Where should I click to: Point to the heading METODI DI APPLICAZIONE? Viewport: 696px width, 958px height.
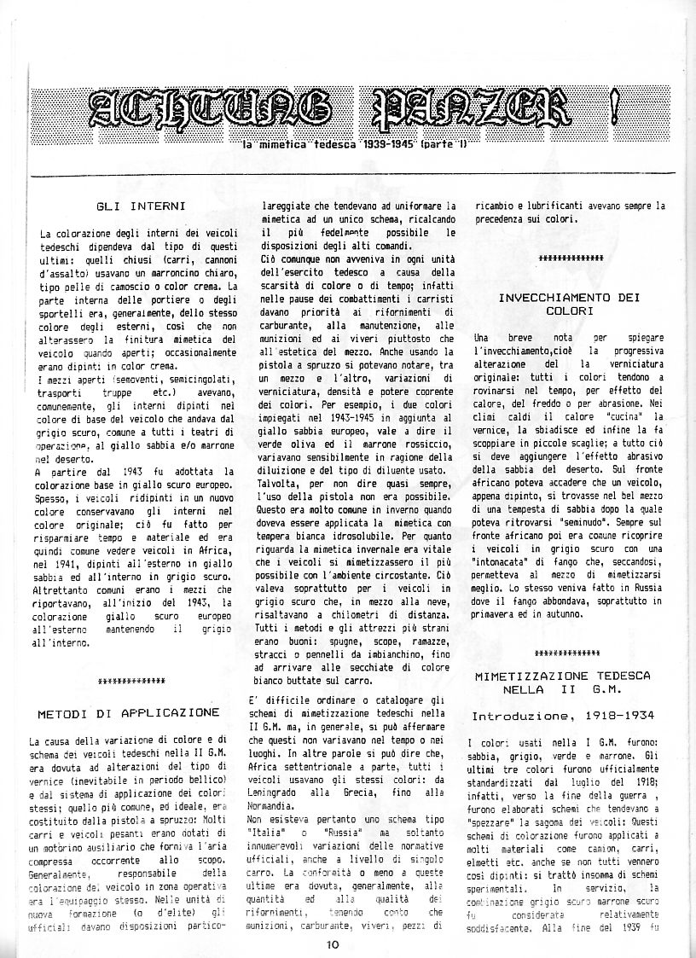point(129,711)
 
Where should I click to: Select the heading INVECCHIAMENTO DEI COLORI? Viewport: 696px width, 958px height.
point(568,305)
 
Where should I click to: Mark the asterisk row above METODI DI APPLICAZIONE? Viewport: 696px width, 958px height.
point(131,681)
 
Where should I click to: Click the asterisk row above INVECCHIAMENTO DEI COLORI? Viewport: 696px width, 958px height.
point(571,257)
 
